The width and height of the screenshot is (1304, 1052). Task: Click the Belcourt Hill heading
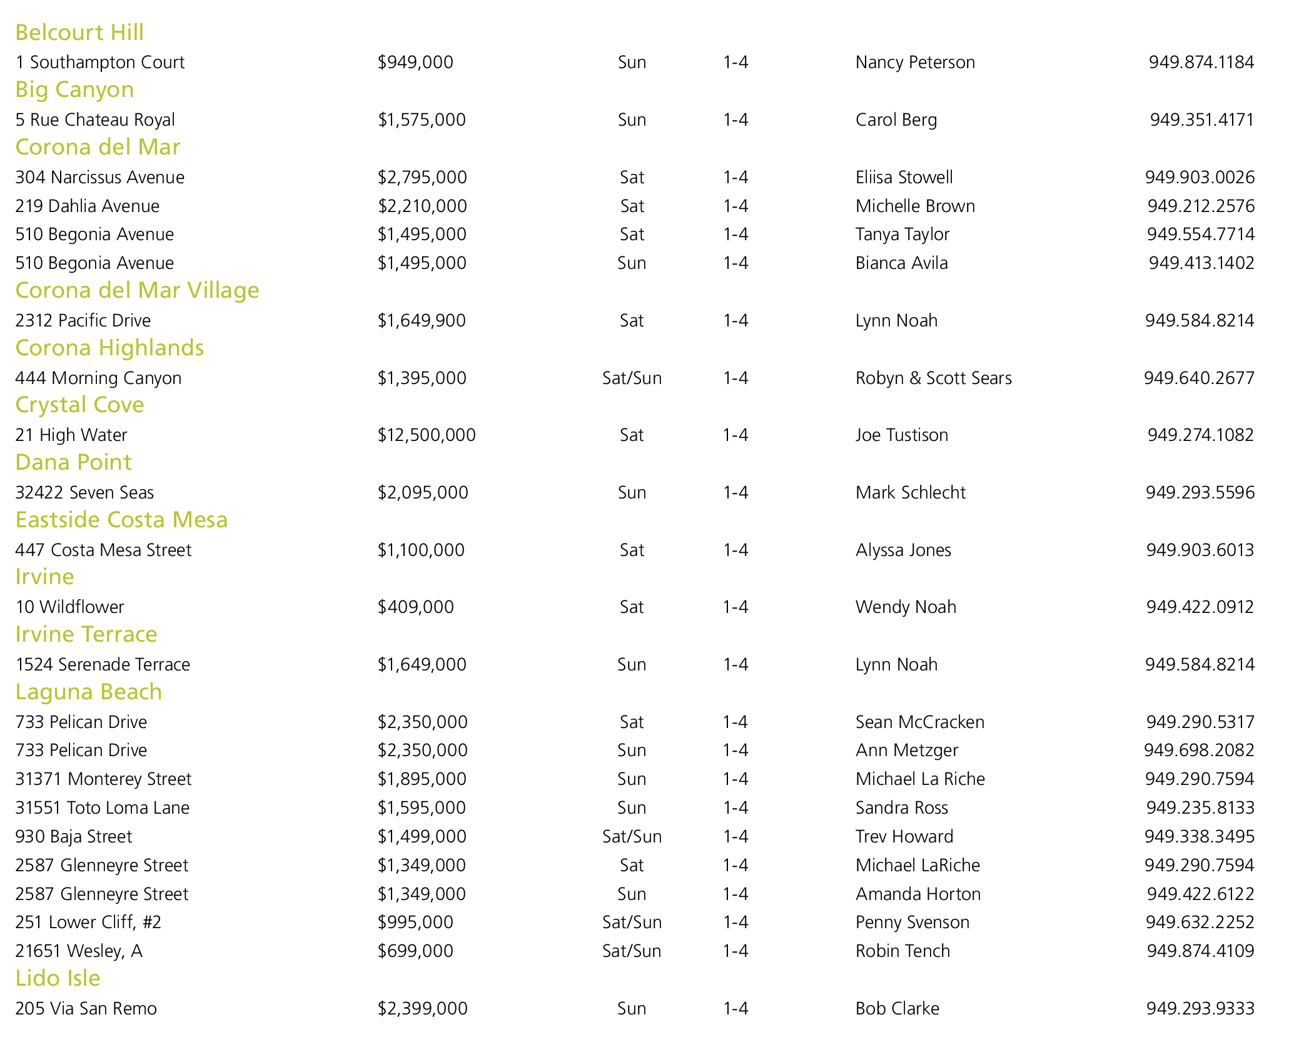click(79, 33)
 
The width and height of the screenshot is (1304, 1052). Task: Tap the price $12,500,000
click(427, 435)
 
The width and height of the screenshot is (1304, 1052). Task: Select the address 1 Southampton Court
click(100, 63)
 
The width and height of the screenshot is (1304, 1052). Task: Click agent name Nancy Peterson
click(915, 63)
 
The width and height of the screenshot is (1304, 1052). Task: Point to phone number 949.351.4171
click(1201, 119)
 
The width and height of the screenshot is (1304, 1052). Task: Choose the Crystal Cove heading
click(79, 405)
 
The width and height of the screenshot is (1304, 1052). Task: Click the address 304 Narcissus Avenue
click(100, 177)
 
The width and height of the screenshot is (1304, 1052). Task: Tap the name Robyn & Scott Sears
click(933, 378)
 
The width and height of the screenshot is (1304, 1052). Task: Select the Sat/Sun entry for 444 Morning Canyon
click(632, 378)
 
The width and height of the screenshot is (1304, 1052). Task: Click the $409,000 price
click(415, 607)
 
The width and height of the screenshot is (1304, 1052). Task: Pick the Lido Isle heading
click(58, 978)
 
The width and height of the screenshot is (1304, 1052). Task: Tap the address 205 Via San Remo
click(86, 1008)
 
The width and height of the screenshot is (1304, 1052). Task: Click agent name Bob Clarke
click(897, 1008)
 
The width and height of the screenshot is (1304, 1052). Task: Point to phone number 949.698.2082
click(1199, 750)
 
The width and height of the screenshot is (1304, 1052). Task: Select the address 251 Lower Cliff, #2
click(88, 922)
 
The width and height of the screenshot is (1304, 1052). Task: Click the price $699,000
click(415, 951)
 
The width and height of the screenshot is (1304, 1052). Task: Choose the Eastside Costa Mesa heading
click(121, 520)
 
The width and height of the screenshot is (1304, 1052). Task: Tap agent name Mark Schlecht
click(910, 492)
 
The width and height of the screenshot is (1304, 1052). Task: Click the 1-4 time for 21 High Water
click(735, 435)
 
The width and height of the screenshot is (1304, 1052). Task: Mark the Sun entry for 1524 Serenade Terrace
click(632, 664)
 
